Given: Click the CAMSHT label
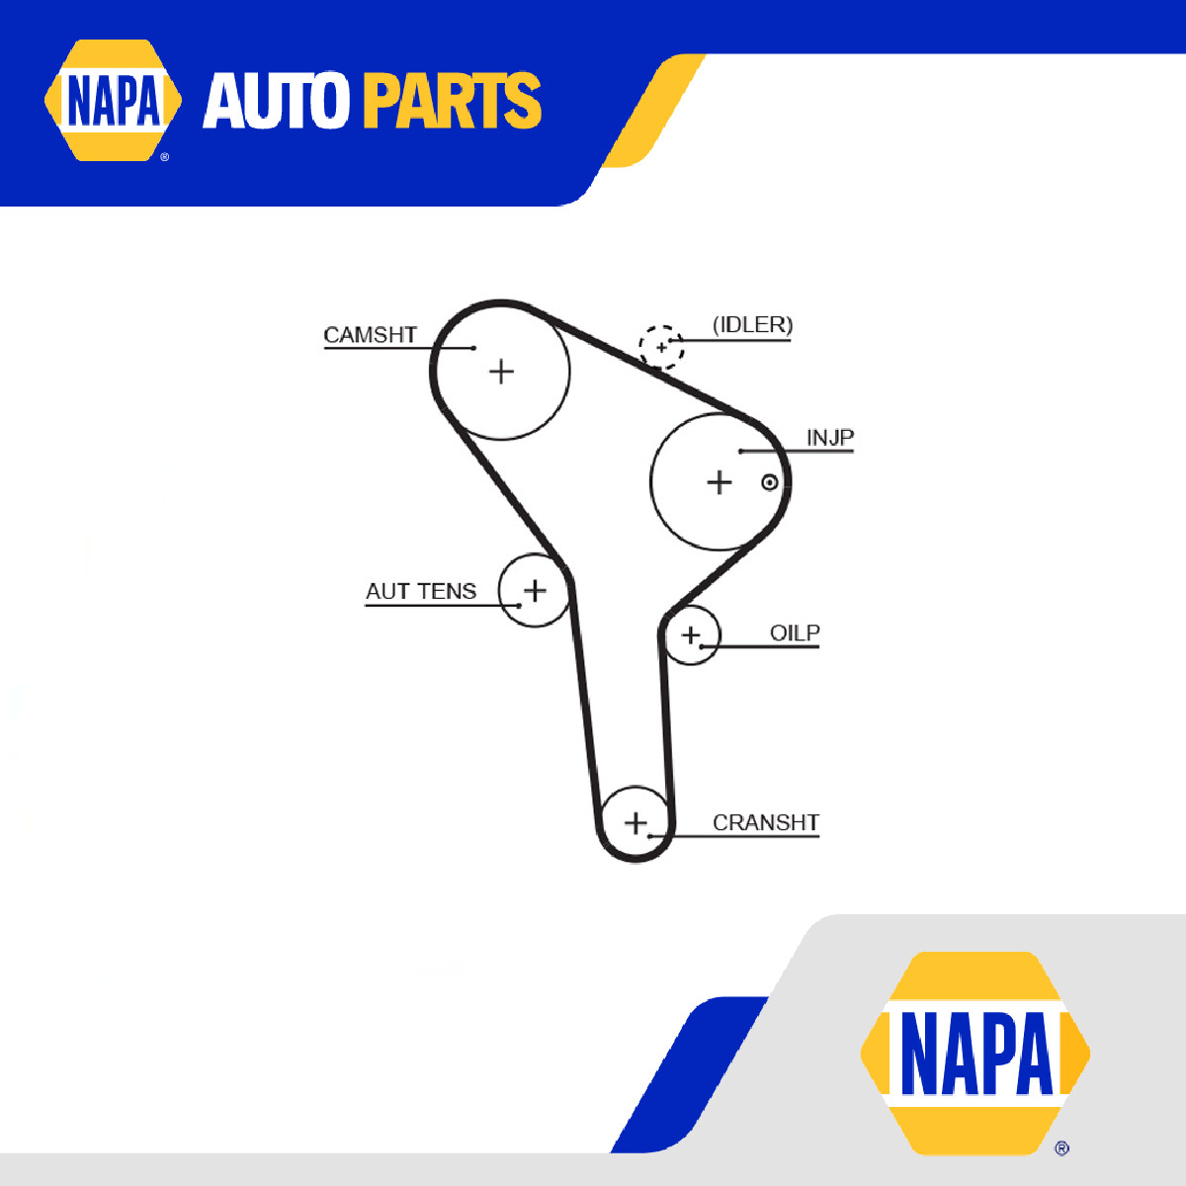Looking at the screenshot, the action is pyautogui.click(x=370, y=335).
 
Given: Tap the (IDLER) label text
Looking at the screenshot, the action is pyautogui.click(x=752, y=325).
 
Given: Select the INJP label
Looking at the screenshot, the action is pyautogui.click(x=829, y=438).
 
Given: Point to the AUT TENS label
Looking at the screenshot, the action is pyautogui.click(x=421, y=591).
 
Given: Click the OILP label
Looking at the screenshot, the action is pyautogui.click(x=795, y=633).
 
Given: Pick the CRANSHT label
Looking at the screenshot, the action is pyautogui.click(x=766, y=822).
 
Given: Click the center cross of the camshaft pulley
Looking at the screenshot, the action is pyautogui.click(x=501, y=372).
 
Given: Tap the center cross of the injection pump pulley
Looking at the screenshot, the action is pyautogui.click(x=719, y=482).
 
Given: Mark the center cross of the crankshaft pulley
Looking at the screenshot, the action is pyautogui.click(x=635, y=823).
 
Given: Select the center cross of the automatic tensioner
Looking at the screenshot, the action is pyautogui.click(x=535, y=590).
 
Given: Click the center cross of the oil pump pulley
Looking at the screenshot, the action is pyautogui.click(x=691, y=635).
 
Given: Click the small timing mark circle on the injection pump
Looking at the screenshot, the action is pyautogui.click(x=769, y=482).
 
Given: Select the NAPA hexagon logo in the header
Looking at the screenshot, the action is pyautogui.click(x=113, y=100).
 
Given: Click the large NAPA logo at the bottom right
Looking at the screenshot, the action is pyautogui.click(x=974, y=1053).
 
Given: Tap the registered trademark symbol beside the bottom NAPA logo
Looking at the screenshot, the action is pyautogui.click(x=1061, y=1147).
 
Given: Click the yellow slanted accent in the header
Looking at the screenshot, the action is pyautogui.click(x=652, y=111).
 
